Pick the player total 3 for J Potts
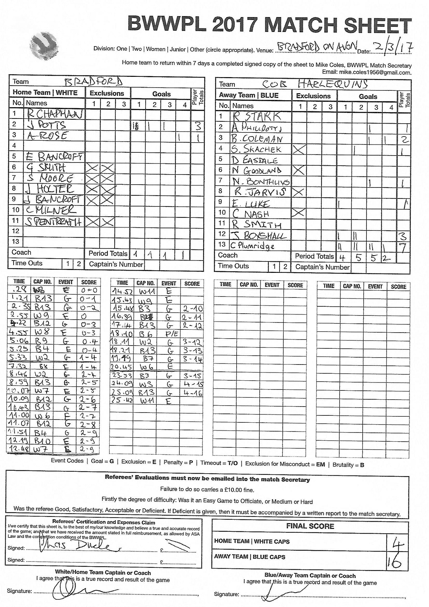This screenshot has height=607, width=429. (198, 126)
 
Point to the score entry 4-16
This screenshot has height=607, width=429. (192, 393)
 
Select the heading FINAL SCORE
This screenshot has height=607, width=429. (310, 526)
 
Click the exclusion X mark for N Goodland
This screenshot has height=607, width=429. (298, 171)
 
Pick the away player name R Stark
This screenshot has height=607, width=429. (256, 117)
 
